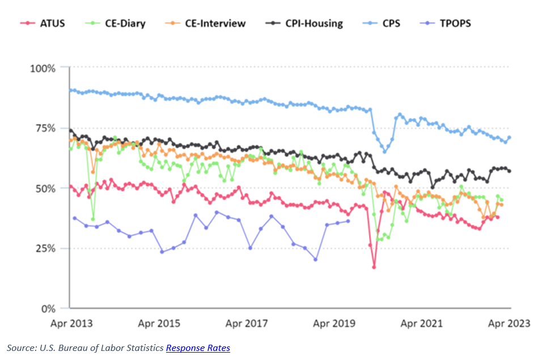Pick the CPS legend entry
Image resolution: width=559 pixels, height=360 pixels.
pos(390,23)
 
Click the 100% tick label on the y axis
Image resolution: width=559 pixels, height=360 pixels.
pos(43,68)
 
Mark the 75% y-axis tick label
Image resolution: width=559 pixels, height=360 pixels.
pos(45,128)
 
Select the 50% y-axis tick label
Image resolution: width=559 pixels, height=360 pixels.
pos(45,188)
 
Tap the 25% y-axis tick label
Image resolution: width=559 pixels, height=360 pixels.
pos(45,248)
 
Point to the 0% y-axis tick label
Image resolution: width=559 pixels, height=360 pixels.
pos(48,308)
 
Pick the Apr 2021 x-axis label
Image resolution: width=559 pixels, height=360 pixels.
pos(422,323)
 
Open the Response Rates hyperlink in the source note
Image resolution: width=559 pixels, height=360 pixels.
pos(198,348)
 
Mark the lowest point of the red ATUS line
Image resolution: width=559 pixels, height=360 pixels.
pos(374,266)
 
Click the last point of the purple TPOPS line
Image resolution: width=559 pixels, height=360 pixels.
pos(348,221)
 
